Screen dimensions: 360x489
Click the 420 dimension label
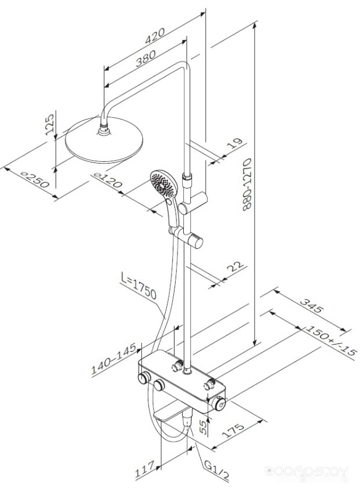tap(155, 35)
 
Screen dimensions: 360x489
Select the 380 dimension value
tap(146, 59)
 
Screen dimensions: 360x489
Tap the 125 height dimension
tap(50, 124)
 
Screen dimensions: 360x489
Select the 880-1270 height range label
tap(247, 184)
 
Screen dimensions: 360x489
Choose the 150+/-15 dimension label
tap(330, 341)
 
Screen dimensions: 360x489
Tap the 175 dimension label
tap(232, 430)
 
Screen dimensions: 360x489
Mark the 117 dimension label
tap(145, 470)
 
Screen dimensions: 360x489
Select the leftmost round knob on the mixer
tap(144, 379)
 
